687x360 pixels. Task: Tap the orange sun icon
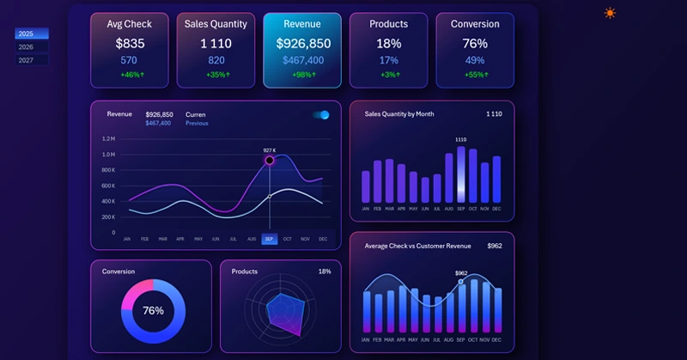(x=610, y=13)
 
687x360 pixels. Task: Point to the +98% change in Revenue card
(x=302, y=75)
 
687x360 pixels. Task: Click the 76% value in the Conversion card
(x=475, y=44)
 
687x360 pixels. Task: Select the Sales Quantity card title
(x=216, y=24)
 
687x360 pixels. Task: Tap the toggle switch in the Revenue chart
(x=321, y=115)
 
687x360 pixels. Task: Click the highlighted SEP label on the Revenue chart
(x=270, y=239)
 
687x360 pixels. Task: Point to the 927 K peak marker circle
(x=270, y=160)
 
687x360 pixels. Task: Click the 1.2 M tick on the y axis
(x=109, y=138)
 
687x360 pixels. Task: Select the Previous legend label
(x=197, y=123)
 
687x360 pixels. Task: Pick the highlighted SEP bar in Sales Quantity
(x=461, y=174)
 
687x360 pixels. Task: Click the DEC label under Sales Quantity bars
(x=496, y=209)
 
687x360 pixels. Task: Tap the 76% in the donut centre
(x=153, y=311)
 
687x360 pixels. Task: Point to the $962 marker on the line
(x=461, y=281)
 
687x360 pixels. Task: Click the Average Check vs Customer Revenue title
(x=417, y=246)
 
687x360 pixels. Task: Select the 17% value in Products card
(x=389, y=60)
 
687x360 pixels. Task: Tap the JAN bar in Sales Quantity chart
(x=366, y=186)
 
